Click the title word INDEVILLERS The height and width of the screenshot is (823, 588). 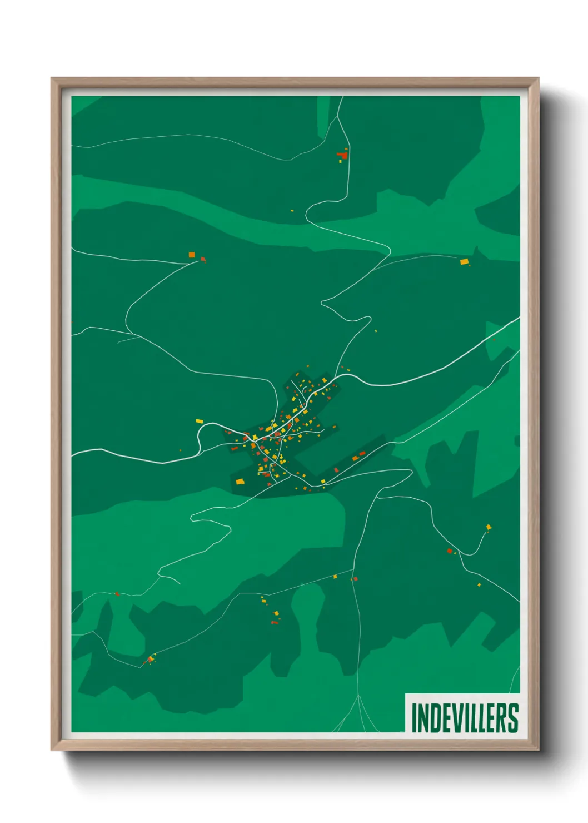pyautogui.click(x=465, y=718)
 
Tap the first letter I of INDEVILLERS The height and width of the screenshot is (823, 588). pyautogui.click(x=413, y=718)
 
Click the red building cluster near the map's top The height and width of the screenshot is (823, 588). pyautogui.click(x=343, y=155)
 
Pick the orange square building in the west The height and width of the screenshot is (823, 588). pyautogui.click(x=192, y=255)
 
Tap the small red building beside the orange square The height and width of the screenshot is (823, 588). pyautogui.click(x=203, y=259)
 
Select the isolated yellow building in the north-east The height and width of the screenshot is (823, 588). pyautogui.click(x=464, y=261)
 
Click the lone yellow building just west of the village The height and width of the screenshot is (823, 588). pyautogui.click(x=200, y=422)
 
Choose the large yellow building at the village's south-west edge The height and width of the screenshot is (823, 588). pyautogui.click(x=240, y=482)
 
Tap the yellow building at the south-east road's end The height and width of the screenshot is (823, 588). pyautogui.click(x=489, y=527)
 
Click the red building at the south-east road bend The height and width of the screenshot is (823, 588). pyautogui.click(x=450, y=551)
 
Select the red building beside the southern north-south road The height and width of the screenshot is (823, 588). pyautogui.click(x=355, y=579)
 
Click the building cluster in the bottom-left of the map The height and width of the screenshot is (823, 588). pyautogui.click(x=150, y=660)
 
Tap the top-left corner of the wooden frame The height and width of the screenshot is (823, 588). pyautogui.click(x=52, y=78)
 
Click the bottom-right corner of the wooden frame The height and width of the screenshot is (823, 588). pyautogui.click(x=538, y=750)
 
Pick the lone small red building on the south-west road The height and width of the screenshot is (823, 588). pyautogui.click(x=117, y=594)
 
